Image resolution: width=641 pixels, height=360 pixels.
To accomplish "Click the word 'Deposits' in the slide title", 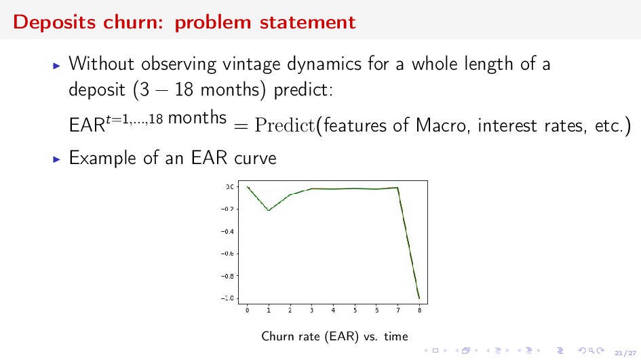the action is [x=55, y=22].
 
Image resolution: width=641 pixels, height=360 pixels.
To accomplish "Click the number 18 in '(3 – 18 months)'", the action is [x=184, y=89].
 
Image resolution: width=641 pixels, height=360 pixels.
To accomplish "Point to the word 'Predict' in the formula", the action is [x=285, y=125].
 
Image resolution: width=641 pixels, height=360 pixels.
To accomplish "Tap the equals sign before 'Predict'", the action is [x=241, y=126].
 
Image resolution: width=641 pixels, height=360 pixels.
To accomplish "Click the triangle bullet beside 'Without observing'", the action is [x=57, y=65].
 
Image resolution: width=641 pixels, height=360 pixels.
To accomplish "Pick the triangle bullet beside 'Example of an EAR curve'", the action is [x=57, y=159].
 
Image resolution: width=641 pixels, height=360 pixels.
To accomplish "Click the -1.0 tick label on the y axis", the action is [x=227, y=298].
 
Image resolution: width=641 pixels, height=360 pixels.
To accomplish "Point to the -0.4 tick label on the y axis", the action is [x=227, y=232].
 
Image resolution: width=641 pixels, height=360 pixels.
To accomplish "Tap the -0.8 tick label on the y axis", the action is [x=227, y=276].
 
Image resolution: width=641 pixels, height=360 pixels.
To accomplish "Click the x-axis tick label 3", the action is [x=311, y=311].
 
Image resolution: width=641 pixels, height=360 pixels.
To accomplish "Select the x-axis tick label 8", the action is [x=419, y=311].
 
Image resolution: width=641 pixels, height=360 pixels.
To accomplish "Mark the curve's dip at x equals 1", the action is [x=269, y=210].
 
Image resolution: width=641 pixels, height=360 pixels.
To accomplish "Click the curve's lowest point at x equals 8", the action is [x=419, y=298].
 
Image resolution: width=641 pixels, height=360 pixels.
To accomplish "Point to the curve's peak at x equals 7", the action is [x=397, y=188].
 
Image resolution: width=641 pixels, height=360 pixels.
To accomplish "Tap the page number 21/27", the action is [x=625, y=353].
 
